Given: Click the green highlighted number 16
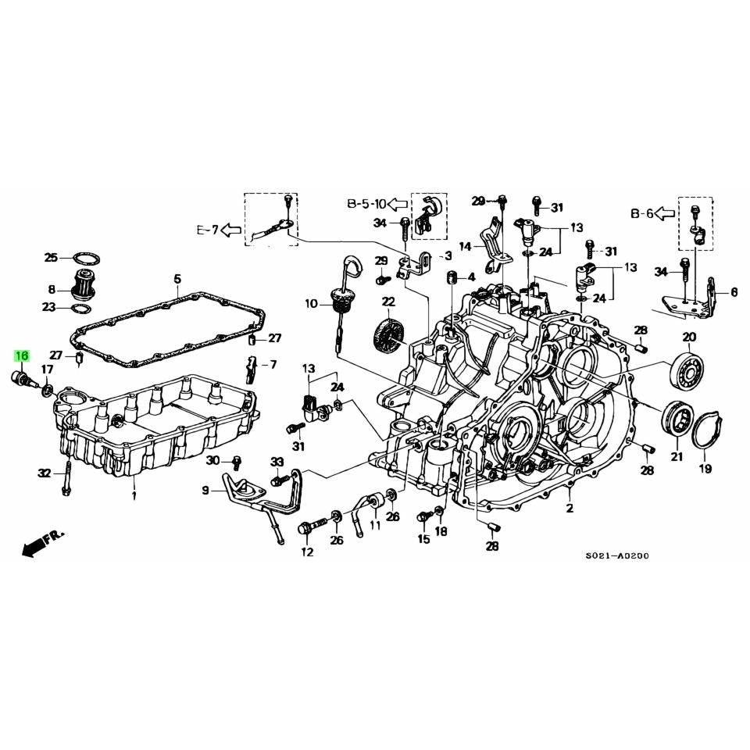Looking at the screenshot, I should [20, 356].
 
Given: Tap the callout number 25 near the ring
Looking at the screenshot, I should [51, 257].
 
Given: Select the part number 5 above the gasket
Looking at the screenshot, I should [177, 279].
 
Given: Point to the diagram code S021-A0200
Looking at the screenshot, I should [617, 556].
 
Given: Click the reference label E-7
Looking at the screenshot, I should [207, 230].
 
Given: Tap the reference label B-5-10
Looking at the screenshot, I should [366, 205].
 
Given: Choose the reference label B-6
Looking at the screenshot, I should [641, 212].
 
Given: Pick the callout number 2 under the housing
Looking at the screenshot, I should [570, 509].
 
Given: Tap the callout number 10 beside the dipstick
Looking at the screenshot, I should [312, 304].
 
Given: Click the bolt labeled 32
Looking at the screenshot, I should [66, 478].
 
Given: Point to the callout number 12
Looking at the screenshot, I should [306, 553].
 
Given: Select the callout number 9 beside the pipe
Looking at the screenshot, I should [206, 491].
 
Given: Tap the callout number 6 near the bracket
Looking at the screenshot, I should [734, 292].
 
